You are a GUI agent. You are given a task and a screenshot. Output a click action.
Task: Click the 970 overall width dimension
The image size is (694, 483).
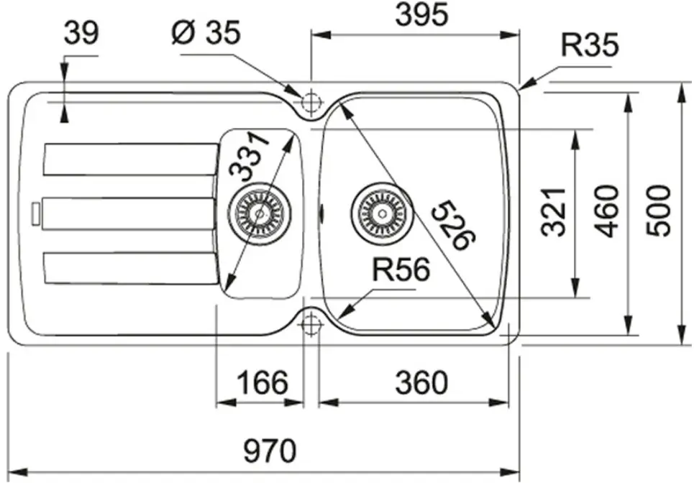click(270, 451)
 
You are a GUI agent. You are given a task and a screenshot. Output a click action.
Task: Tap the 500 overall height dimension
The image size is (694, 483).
click(658, 211)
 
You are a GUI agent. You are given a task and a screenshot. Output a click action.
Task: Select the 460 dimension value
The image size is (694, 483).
click(606, 211)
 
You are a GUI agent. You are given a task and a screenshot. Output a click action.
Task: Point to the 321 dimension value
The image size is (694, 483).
click(554, 212)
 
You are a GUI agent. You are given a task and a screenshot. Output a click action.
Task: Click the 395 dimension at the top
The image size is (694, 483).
click(421, 14)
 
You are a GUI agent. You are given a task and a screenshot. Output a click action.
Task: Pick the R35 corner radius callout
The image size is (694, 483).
click(589, 45)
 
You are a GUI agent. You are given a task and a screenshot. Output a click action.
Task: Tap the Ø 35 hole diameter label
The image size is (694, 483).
click(206, 32)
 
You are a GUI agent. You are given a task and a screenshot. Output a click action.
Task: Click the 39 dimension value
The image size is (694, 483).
click(81, 33)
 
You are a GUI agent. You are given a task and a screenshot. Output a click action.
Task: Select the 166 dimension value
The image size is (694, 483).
click(262, 382)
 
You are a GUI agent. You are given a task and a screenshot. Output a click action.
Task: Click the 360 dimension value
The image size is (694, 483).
click(421, 382)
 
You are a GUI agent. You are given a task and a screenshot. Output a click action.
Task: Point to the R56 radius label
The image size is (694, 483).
click(401, 270)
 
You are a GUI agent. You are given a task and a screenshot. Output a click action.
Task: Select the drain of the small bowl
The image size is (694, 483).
click(260, 213)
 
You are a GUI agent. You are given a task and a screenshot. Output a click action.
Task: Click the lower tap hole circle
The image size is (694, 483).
click(311, 323)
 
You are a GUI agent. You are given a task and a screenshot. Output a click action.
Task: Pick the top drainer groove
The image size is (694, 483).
click(131, 159)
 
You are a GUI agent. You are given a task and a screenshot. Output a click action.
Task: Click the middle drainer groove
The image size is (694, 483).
click(128, 213)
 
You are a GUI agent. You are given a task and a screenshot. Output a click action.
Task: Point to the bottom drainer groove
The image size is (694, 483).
click(131, 268)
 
